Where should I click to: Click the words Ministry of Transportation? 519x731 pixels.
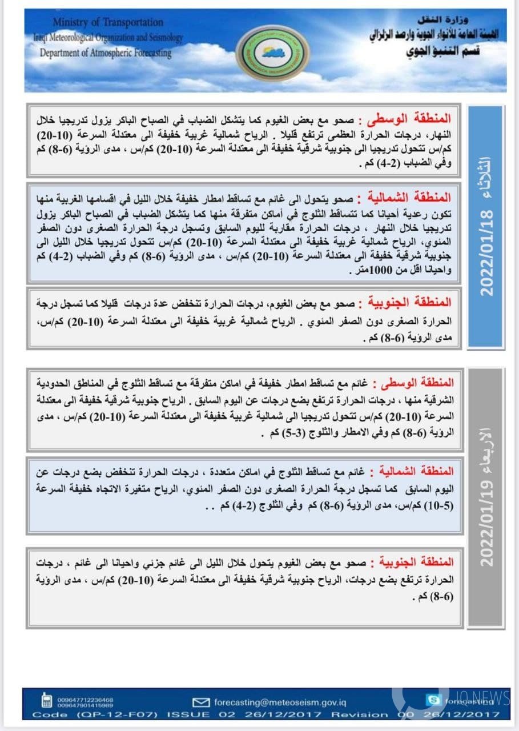coord(108,22)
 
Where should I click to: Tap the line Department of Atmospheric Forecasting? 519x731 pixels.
coord(105,53)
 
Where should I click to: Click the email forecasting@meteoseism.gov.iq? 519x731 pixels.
coord(280,702)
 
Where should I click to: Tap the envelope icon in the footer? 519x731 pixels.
coord(201,702)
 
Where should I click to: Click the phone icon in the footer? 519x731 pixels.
coord(47,701)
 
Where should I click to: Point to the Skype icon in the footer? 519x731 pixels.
coord(433,700)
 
